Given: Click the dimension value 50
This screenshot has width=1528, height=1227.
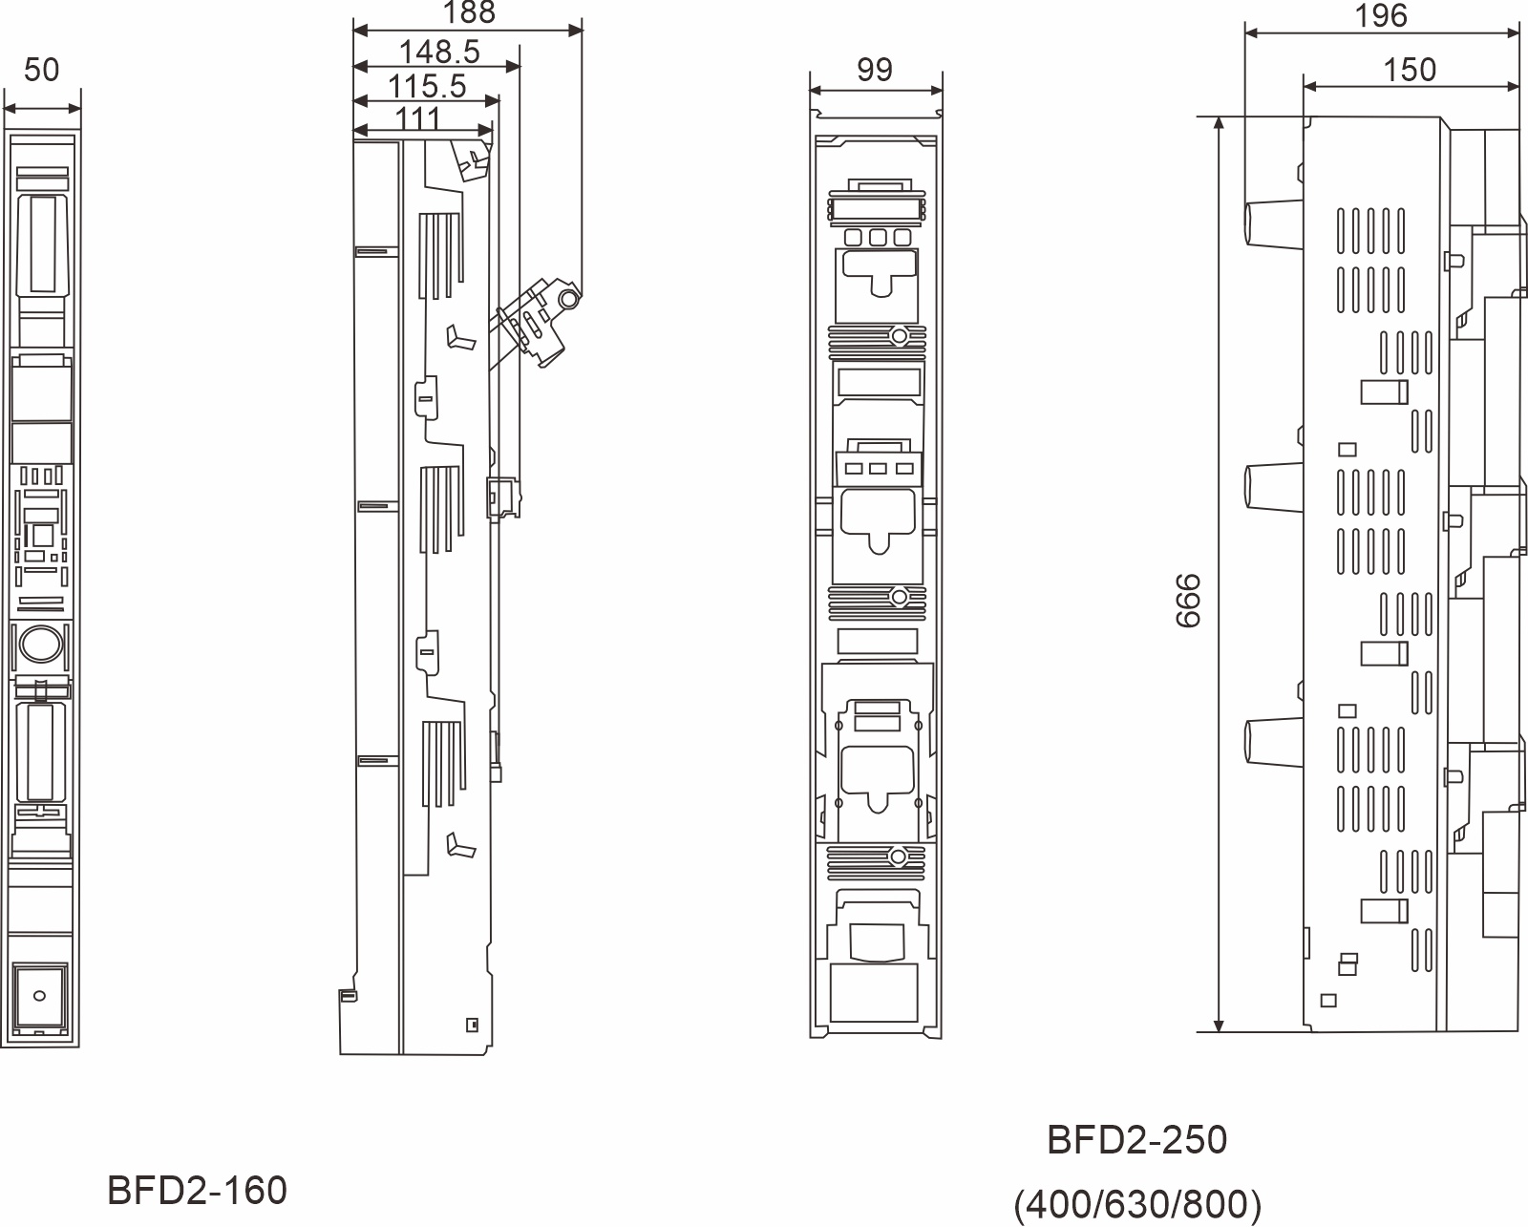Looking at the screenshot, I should coord(41,70).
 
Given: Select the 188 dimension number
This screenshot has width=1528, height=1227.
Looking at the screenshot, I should coord(469,12).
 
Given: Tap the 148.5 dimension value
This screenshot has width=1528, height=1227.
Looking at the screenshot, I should coord(438,51).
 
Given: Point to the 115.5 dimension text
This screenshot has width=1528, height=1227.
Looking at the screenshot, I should coord(427,86).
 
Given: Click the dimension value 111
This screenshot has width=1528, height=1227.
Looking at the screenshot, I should coord(418,118).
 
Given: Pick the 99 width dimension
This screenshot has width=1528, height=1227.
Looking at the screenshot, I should coord(875,70).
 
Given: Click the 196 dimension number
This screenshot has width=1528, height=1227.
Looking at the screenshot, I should coord(1381,15).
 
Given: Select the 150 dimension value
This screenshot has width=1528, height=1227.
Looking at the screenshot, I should coord(1410,70).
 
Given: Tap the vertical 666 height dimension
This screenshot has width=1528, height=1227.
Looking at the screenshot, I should coord(1187,601).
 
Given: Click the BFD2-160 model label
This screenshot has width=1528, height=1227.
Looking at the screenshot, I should coord(197,1191).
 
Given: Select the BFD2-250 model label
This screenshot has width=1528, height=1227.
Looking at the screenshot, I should coord(1136,1140).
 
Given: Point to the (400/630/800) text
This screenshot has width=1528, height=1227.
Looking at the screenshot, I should coord(1137,1205).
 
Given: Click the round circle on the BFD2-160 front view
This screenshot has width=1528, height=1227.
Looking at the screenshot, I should coord(40,644).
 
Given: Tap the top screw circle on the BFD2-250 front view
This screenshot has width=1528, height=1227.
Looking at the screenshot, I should coord(899,336).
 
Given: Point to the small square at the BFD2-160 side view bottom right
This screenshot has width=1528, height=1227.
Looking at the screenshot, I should coord(471,1025).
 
